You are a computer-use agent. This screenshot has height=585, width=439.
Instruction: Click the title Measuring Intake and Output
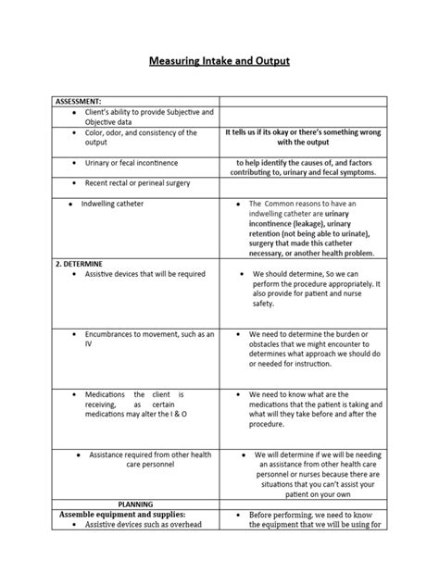coord(219,61)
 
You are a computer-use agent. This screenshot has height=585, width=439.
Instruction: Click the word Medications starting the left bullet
coord(105,393)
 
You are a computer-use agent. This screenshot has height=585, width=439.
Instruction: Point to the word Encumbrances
coord(113,333)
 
